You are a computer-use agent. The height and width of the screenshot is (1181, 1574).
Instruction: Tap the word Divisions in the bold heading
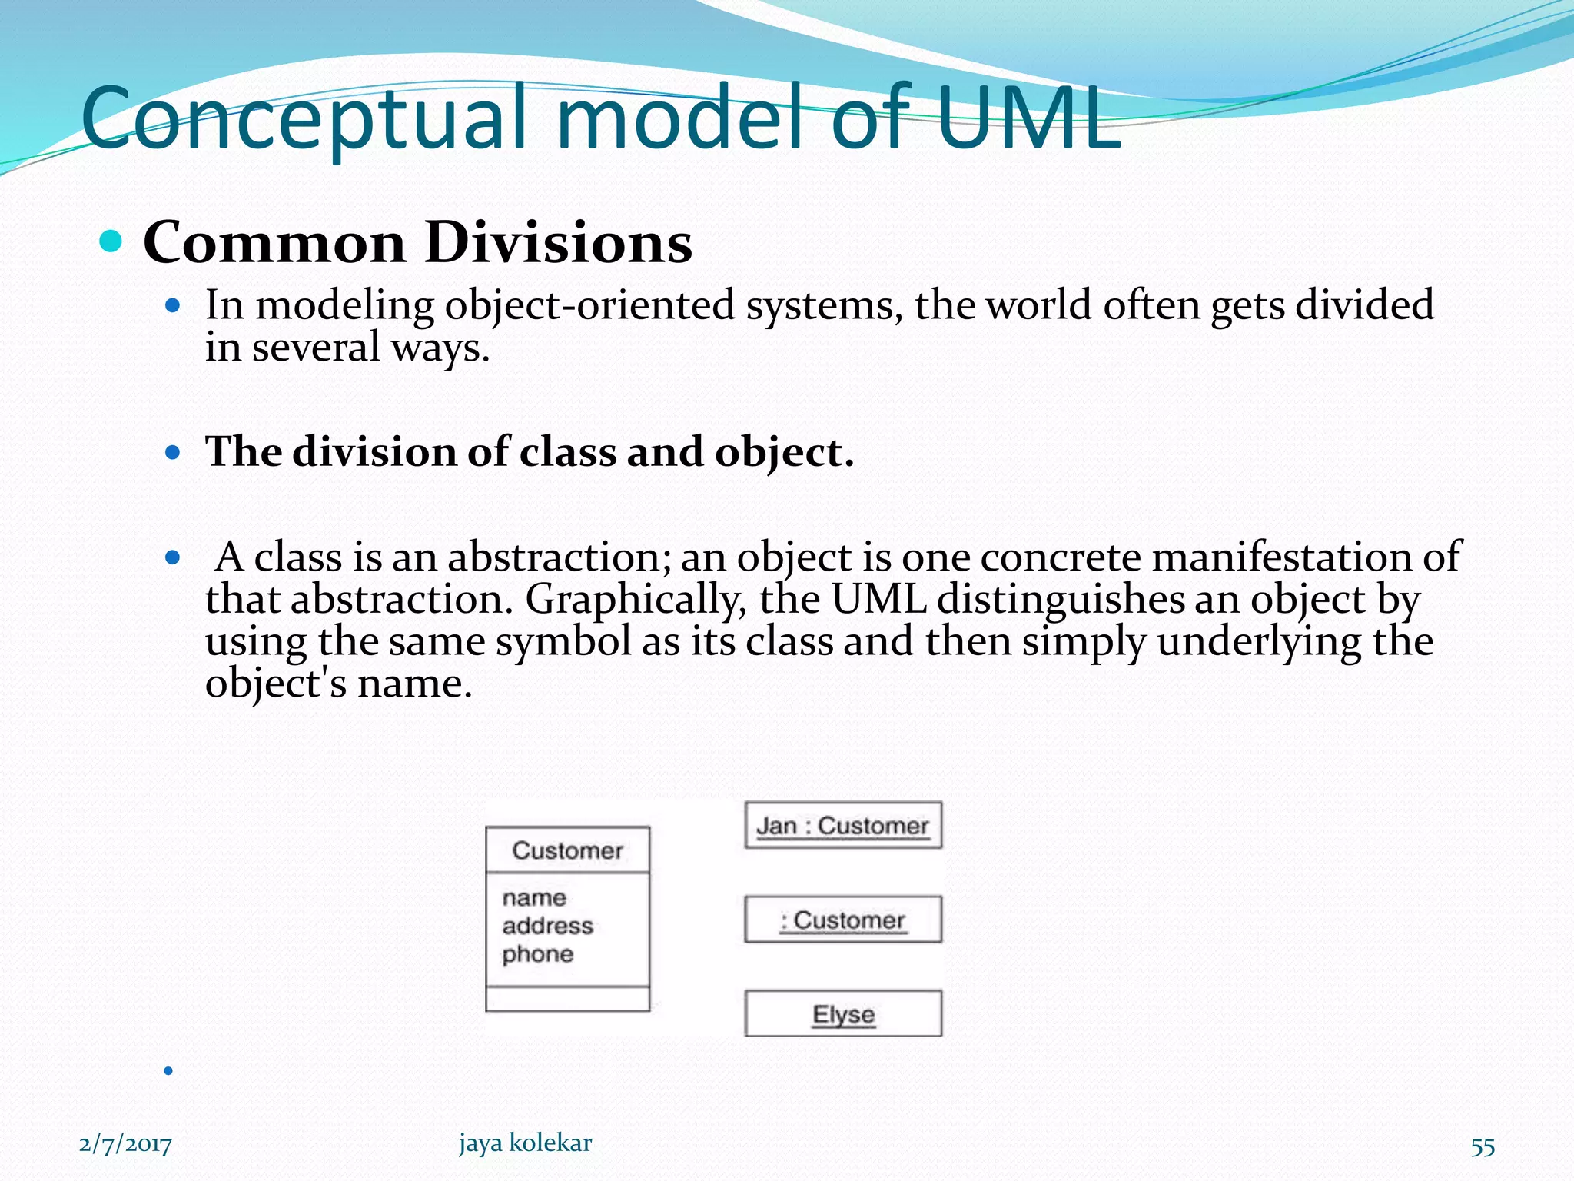tap(558, 242)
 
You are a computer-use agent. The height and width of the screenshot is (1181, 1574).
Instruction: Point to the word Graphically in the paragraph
tap(635, 599)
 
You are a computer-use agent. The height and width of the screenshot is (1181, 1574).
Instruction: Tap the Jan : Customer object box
tap(843, 826)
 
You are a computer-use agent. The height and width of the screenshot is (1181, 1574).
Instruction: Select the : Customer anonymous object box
tap(843, 920)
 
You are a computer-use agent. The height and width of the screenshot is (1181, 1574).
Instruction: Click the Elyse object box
tap(843, 1014)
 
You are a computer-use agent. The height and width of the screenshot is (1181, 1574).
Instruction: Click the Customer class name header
tap(567, 850)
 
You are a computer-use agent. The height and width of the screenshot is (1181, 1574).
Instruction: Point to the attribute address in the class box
tap(547, 926)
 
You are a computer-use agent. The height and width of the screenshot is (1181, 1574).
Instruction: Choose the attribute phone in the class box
tap(538, 954)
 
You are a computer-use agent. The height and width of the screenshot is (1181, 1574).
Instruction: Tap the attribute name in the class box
tap(534, 898)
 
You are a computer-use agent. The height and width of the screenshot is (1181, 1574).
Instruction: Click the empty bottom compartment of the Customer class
tap(567, 999)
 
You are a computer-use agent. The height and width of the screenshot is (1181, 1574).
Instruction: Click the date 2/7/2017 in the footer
tap(125, 1144)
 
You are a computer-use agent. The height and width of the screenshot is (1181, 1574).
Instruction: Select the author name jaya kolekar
tap(526, 1143)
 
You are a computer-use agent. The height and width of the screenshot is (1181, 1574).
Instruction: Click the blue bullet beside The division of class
tap(173, 452)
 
